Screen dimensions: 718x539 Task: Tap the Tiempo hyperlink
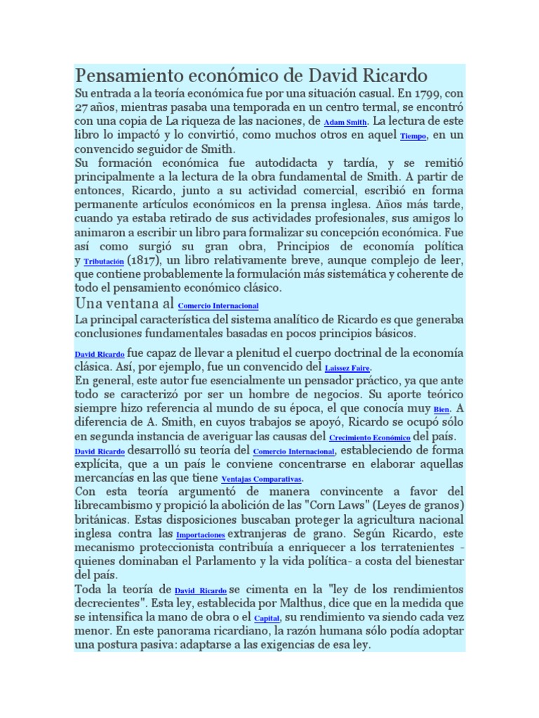pos(413,137)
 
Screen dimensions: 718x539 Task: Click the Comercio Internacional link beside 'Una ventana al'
pos(218,306)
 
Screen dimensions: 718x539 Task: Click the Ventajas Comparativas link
pos(261,480)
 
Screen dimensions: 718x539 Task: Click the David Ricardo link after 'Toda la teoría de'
pos(200,592)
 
